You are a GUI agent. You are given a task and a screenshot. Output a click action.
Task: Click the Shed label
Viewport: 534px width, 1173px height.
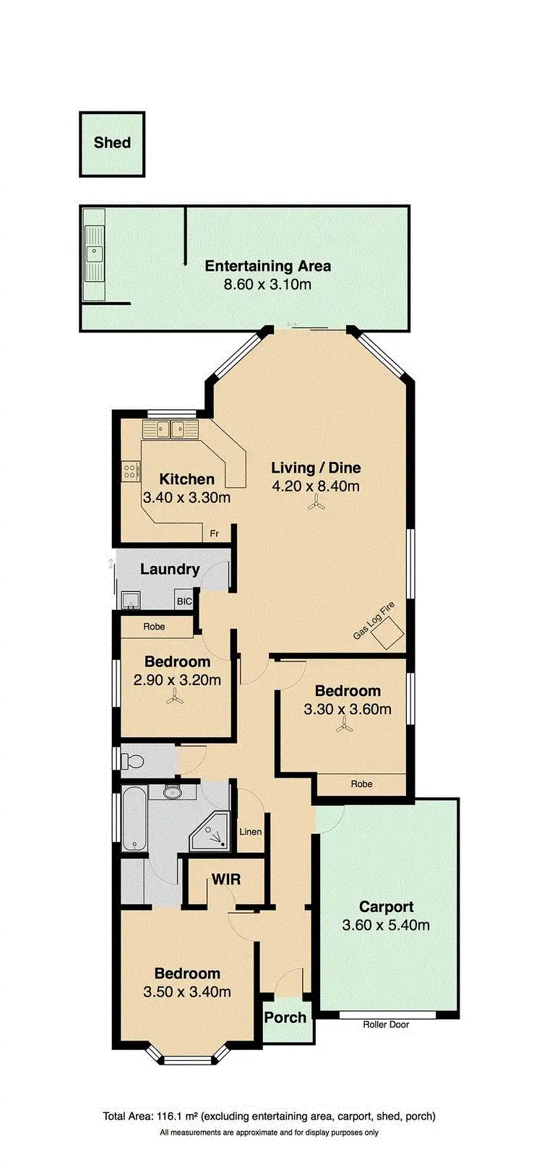click(x=112, y=142)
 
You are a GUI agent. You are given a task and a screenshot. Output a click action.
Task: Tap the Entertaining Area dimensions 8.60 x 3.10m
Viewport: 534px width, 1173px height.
click(x=267, y=284)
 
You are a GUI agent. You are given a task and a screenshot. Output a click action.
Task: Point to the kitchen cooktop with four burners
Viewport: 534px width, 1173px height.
click(x=130, y=471)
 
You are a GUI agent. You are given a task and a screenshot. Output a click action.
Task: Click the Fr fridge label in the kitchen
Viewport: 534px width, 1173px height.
click(x=214, y=533)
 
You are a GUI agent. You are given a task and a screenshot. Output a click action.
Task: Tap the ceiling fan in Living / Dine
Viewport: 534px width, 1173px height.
click(x=314, y=505)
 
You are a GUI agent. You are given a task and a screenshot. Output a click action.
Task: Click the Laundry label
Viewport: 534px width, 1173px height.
click(x=170, y=569)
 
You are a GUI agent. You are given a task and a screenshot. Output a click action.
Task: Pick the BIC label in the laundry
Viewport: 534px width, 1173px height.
click(x=184, y=601)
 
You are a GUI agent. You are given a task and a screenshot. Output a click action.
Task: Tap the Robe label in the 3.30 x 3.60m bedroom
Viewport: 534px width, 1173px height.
click(x=361, y=783)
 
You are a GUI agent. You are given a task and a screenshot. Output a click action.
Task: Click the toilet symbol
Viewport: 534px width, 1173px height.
click(x=132, y=761)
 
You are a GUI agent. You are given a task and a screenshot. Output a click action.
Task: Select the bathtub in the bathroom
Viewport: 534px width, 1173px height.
click(x=134, y=820)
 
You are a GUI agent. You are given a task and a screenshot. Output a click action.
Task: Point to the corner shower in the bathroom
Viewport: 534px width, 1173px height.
click(x=212, y=834)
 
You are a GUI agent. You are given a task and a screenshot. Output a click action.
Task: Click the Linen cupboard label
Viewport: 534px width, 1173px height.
click(x=250, y=832)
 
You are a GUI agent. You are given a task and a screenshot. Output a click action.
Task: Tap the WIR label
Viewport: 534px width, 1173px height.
click(x=225, y=880)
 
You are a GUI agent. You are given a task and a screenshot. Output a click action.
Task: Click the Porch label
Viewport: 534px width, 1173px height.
click(x=285, y=1017)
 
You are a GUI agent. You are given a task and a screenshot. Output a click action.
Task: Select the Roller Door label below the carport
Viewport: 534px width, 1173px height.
click(x=388, y=1024)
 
